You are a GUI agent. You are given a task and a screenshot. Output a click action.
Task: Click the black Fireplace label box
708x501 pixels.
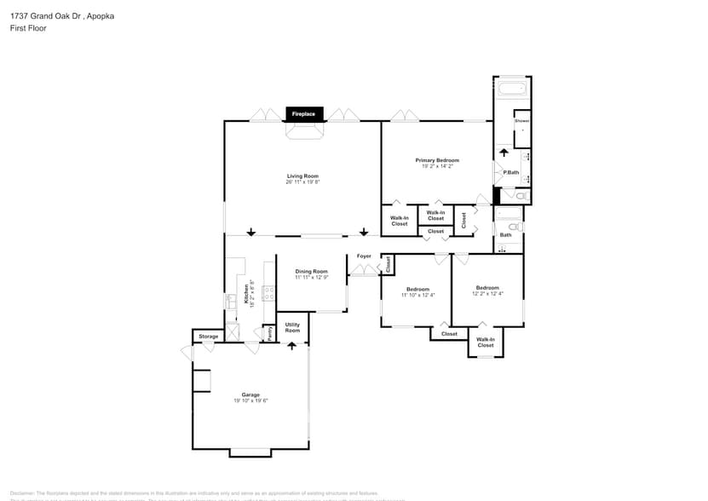pos(304,113)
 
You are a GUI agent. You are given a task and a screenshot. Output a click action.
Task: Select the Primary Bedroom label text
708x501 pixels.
pos(437,160)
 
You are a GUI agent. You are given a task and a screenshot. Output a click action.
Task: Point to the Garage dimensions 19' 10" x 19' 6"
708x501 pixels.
pos(250,400)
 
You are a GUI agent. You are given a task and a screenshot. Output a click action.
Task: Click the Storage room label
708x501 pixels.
pos(209,337)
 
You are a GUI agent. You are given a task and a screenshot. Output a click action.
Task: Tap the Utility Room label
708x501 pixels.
pos(292,327)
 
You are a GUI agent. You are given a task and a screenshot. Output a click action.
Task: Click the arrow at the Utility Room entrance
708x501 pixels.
pos(292,345)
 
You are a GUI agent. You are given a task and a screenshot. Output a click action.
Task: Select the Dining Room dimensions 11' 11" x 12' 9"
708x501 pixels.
pos(312,278)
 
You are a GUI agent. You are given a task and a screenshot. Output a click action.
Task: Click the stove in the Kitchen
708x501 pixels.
pos(269,293)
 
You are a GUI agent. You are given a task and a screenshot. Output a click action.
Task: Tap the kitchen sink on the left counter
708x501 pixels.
pos(231,301)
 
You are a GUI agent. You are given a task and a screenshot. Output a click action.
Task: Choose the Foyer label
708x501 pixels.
pos(364,256)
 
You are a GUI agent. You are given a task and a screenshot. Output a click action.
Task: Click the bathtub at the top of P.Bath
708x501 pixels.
pos(512,89)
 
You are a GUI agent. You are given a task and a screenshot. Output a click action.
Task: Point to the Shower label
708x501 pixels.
pos(521,121)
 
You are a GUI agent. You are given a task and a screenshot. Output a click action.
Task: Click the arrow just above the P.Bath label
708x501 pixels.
pos(503,154)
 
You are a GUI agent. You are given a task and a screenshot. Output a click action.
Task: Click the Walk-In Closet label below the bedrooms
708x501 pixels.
pos(485,343)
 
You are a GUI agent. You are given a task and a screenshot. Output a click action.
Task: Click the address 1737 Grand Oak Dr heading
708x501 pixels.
pos(62,14)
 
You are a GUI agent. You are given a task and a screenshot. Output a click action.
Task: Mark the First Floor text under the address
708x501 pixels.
pos(28,28)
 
